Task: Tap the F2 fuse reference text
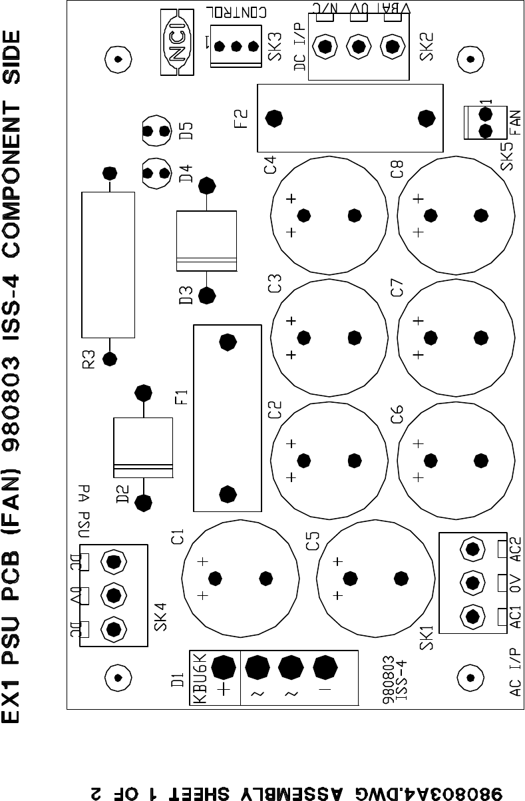tap(241, 119)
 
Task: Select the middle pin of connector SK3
tap(236, 47)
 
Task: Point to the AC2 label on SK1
tap(514, 549)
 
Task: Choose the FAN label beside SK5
tap(514, 121)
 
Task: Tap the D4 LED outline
tap(157, 172)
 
